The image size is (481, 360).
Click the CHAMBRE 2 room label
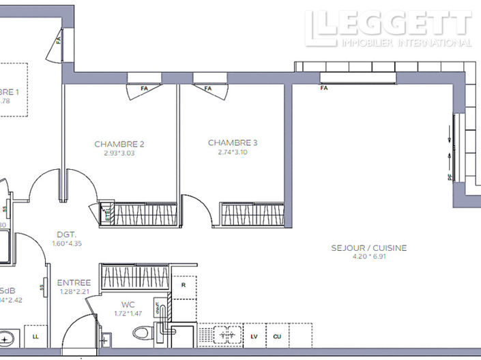pos(119,144)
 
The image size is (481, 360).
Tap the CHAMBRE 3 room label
pos(233,142)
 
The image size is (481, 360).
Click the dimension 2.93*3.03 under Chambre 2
pos(119,153)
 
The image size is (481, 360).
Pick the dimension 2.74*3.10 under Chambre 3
pos(233,152)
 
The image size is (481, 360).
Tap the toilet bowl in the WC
pos(141,333)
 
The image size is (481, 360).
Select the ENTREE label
pos(74,283)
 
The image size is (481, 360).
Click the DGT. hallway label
pos(66,234)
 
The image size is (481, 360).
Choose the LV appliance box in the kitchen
pos(254,336)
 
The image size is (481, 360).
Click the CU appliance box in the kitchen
pos(277,336)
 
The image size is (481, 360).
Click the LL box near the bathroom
pos(35,336)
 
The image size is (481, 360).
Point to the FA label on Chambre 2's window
pos(144,89)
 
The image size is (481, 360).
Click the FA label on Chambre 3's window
pos(208,89)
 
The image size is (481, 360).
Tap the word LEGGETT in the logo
pos(389,23)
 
